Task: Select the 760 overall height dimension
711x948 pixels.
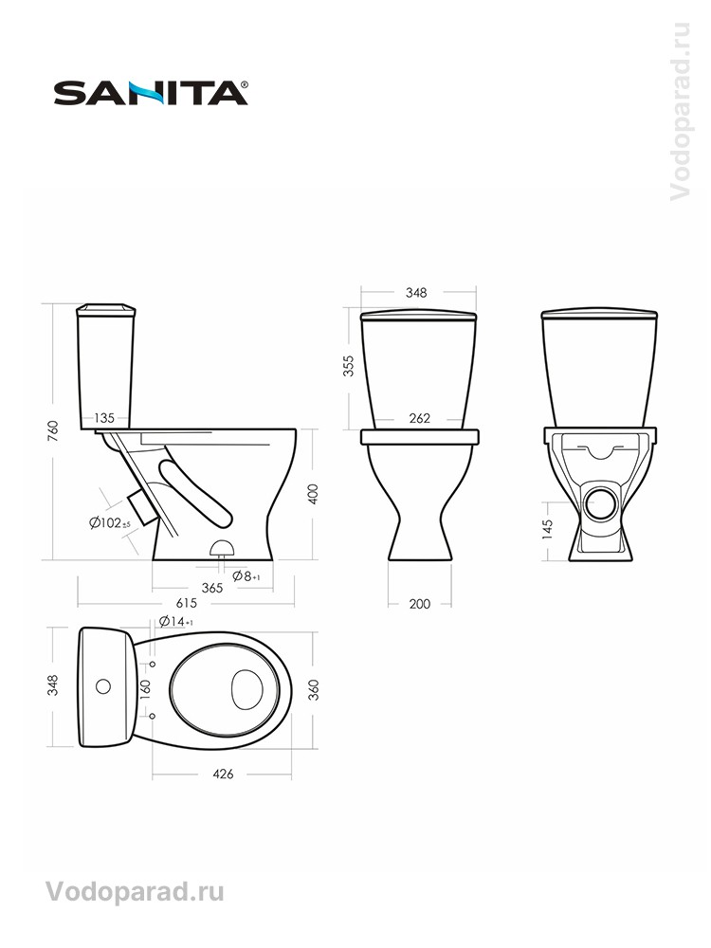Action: coord(54,430)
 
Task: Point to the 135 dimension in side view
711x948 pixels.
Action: coord(104,418)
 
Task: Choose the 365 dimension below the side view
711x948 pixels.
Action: coord(211,588)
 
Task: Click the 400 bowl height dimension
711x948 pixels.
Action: coord(313,493)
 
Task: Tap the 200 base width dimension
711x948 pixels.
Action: coord(421,604)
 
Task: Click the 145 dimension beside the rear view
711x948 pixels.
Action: coord(548,527)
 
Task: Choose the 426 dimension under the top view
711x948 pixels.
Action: coord(223,774)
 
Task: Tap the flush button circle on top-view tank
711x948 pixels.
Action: coord(103,684)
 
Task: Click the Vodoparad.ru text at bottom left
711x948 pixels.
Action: coord(134,891)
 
